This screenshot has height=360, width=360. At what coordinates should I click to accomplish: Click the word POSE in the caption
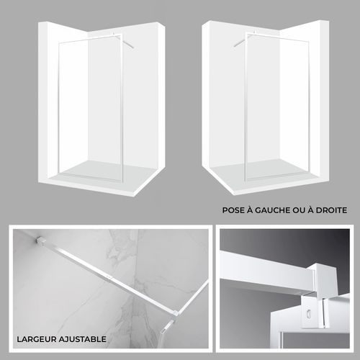click(x=235, y=210)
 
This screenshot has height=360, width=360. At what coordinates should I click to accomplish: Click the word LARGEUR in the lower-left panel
click(x=37, y=338)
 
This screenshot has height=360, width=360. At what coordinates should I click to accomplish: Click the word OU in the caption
click(x=303, y=210)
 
